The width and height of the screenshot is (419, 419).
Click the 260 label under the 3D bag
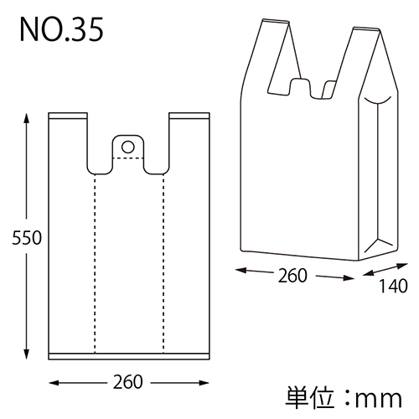click(294, 274)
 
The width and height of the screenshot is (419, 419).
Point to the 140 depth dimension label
click(393, 286)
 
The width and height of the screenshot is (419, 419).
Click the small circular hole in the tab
click(127, 147)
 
